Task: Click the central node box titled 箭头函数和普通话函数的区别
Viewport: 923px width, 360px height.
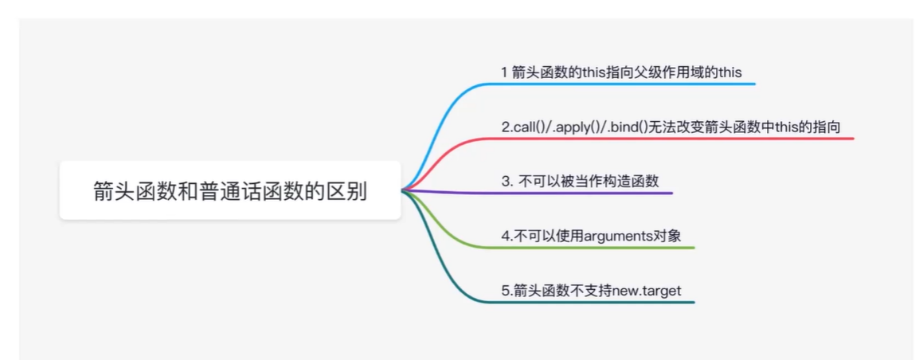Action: point(229,191)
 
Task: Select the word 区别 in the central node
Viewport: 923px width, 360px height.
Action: point(350,191)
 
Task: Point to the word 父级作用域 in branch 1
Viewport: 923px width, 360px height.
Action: point(661,72)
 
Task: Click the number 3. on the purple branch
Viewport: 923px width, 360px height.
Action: point(506,181)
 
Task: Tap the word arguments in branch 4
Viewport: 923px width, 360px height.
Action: point(614,236)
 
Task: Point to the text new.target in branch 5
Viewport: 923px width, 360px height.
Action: point(646,291)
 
